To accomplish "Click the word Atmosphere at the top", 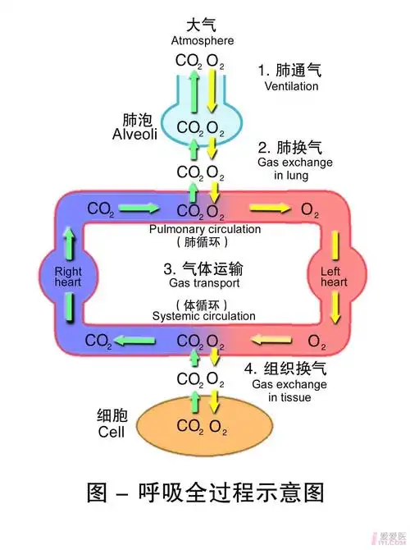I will (202, 40).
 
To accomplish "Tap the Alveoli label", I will (134, 130).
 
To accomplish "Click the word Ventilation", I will (290, 86).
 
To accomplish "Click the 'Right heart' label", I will (70, 276).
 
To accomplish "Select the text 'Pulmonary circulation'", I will (205, 229).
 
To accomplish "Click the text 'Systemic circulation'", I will (204, 316).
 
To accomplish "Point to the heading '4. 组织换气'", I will (289, 368).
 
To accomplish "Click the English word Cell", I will (111, 432).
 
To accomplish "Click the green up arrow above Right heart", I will (70, 240).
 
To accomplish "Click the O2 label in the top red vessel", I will (310, 210).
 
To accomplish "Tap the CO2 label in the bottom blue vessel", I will (98, 340).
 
